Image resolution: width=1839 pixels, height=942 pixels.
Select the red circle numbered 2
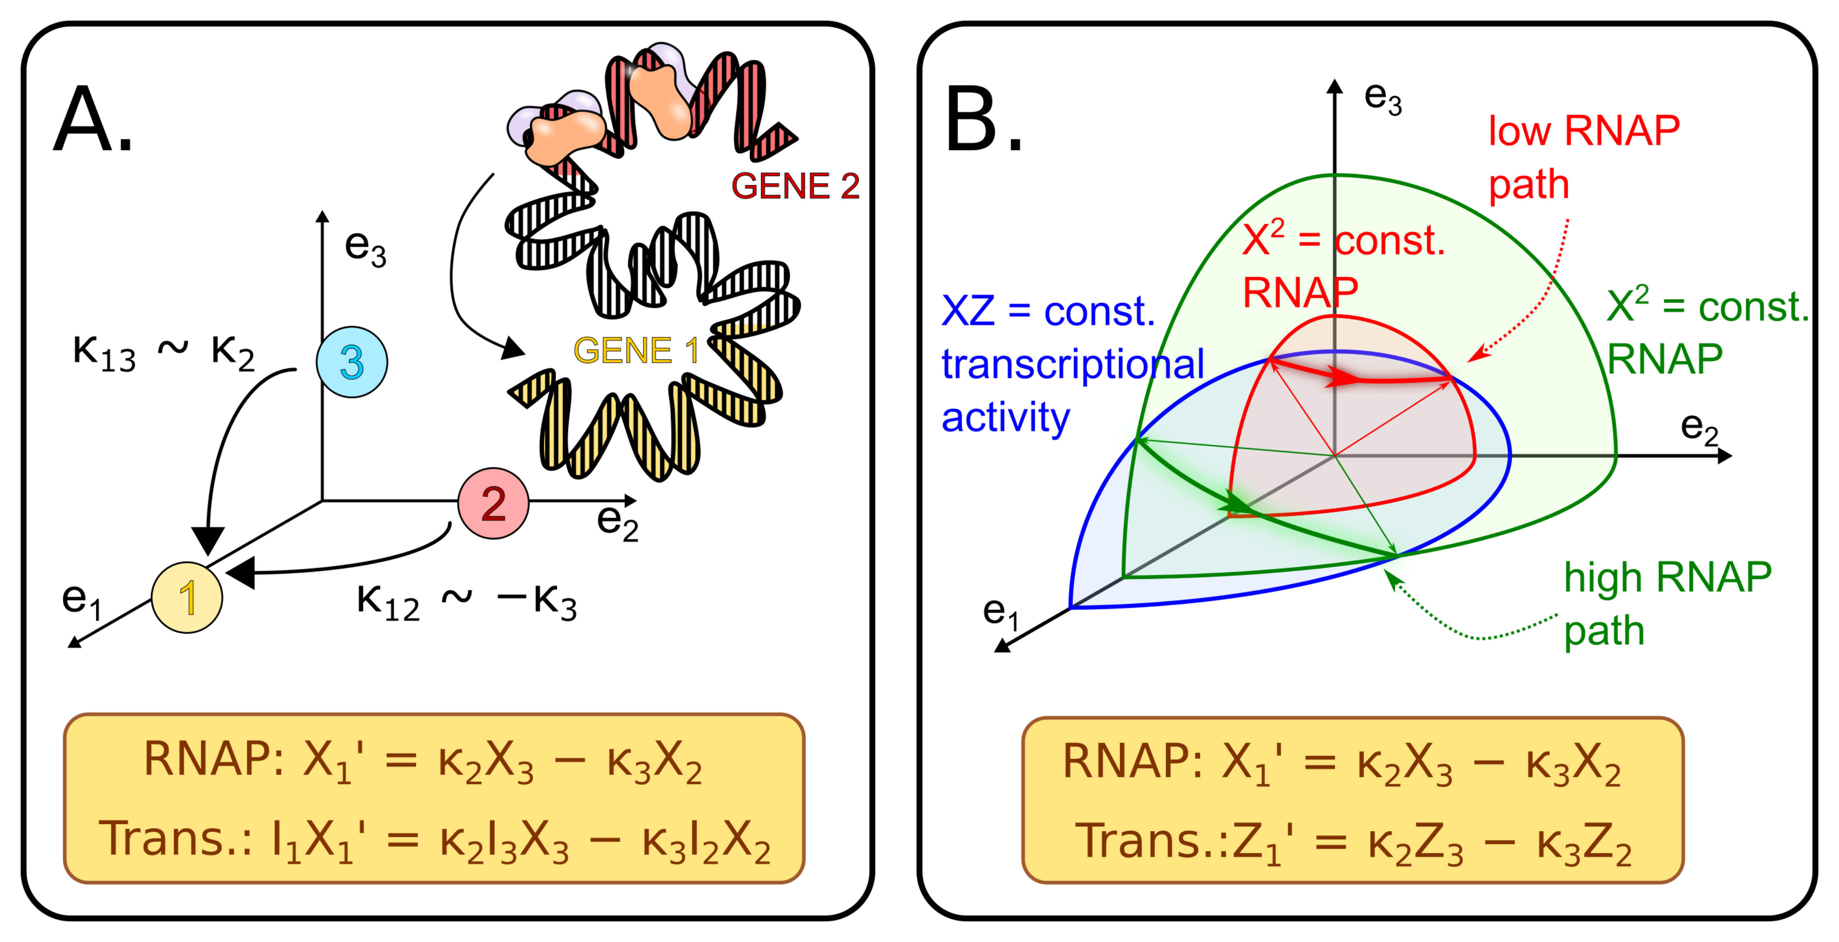493,503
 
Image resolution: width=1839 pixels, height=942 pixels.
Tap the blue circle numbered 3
352,362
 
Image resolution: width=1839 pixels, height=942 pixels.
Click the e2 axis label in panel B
1699,428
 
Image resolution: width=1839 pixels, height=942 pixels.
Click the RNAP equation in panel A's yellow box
423,759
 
